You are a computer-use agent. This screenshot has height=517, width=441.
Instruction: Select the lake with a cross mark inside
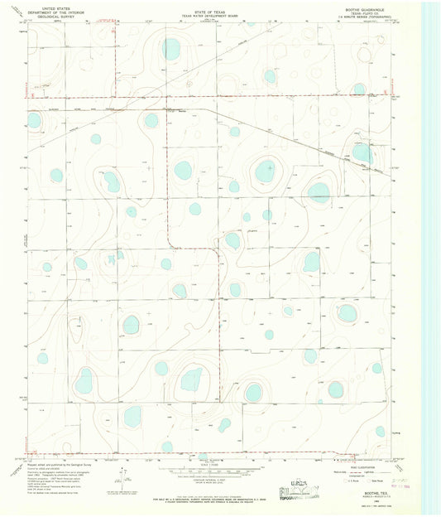[x=266, y=172]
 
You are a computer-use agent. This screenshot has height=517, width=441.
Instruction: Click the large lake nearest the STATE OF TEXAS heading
[x=170, y=49]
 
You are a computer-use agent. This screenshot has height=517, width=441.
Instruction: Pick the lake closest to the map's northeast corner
[x=359, y=89]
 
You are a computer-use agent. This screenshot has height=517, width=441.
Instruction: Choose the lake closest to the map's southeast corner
[x=380, y=431]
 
